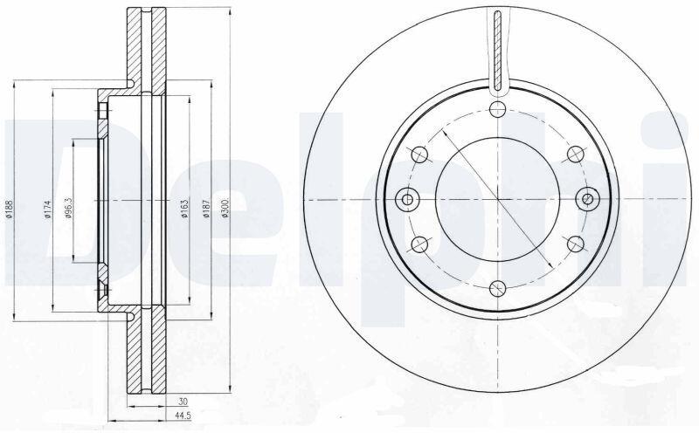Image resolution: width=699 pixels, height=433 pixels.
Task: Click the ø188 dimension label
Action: [x=10, y=209]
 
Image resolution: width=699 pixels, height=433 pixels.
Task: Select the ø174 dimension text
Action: [x=48, y=209]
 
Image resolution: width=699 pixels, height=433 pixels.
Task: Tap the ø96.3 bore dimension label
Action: [x=69, y=209]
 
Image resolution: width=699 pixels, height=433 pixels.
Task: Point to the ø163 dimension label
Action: [x=184, y=209]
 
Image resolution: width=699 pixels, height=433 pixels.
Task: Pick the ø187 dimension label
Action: [x=206, y=209]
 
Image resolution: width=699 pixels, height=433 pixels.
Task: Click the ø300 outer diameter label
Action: [x=225, y=208]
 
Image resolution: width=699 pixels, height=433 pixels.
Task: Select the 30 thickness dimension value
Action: [x=183, y=402]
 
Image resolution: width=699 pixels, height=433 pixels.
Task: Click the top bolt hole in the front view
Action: [x=497, y=109]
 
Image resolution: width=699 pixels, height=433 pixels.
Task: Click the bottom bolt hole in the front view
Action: [x=497, y=289]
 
